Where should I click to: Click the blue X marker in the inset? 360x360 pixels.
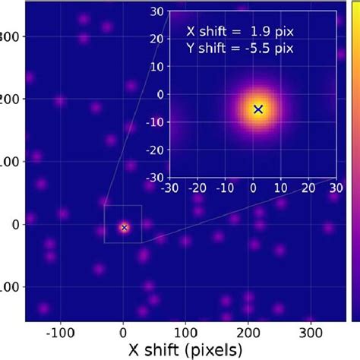[x=258, y=109]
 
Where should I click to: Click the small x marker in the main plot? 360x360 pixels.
[x=124, y=226]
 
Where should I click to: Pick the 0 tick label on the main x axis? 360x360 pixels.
[x=123, y=331]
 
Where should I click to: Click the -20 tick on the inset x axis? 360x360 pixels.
[x=197, y=187]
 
